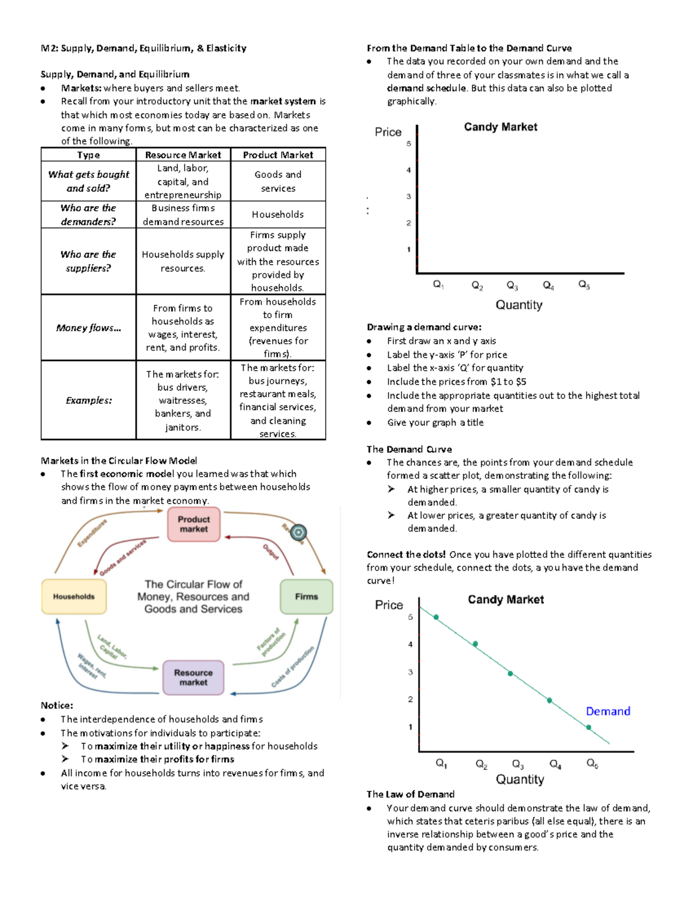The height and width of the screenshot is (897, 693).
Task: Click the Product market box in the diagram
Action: tap(193, 524)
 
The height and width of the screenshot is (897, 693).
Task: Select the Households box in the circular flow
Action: tap(74, 597)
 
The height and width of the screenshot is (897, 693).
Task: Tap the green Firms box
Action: tap(306, 597)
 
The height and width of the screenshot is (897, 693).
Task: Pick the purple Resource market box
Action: tap(193, 677)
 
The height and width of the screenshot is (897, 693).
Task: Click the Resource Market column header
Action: tap(183, 155)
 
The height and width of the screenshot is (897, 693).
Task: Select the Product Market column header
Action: tap(278, 155)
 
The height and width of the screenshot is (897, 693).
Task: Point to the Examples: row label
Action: tap(88, 400)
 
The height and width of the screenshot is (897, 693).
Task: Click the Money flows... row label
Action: tap(88, 327)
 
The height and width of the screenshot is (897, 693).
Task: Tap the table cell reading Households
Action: tap(278, 214)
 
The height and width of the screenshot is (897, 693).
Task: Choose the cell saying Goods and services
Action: tap(278, 181)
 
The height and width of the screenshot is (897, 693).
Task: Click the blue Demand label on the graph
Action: tap(608, 711)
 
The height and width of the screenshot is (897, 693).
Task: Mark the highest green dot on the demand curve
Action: tap(436, 617)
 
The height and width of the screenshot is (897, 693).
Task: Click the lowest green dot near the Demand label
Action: tap(588, 727)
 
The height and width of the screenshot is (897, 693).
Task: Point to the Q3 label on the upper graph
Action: tap(512, 285)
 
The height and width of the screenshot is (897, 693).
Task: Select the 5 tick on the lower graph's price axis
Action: tap(411, 617)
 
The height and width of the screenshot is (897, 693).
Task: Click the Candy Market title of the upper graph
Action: tap(501, 127)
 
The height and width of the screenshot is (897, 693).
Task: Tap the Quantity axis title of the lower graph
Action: tap(520, 779)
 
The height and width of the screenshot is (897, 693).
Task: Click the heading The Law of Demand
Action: tap(411, 794)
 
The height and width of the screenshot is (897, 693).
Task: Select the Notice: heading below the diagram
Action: tap(57, 705)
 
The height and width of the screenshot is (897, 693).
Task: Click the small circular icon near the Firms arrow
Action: tap(298, 533)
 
